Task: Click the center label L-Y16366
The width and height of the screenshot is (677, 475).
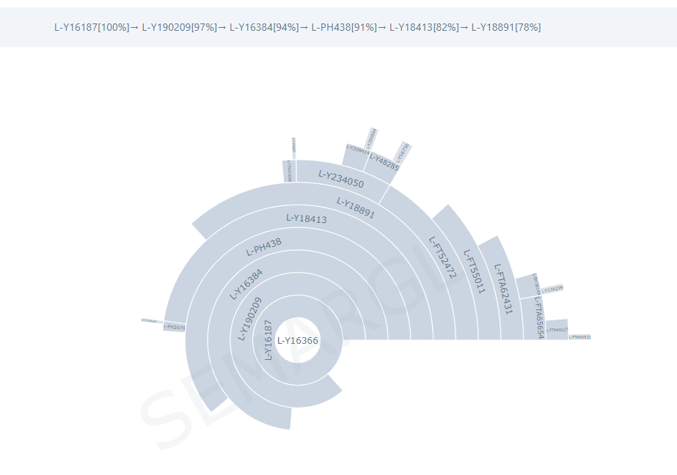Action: [298, 340]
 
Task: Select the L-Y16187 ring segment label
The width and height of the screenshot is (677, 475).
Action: [268, 340]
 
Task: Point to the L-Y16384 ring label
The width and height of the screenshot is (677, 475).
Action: [246, 284]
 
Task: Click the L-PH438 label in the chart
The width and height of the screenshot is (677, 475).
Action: [263, 247]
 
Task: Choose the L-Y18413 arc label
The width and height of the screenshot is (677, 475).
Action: [306, 218]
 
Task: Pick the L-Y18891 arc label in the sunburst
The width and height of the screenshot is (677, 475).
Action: [356, 207]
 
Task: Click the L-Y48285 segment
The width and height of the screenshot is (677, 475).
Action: [384, 162]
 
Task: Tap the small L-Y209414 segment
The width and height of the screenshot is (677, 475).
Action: [357, 150]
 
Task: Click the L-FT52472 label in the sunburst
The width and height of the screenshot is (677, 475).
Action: [442, 257]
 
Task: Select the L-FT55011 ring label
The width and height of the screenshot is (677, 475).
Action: [475, 270]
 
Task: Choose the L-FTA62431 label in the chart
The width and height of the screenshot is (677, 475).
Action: [502, 289]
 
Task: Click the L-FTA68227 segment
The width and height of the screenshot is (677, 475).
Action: [557, 329]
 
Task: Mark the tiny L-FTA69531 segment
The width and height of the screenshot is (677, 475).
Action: [579, 337]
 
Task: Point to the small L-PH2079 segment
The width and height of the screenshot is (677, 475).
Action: [174, 327]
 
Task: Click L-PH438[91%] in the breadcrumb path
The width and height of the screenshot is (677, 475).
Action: [344, 27]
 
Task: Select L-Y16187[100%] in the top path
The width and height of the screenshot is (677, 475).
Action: [91, 27]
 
